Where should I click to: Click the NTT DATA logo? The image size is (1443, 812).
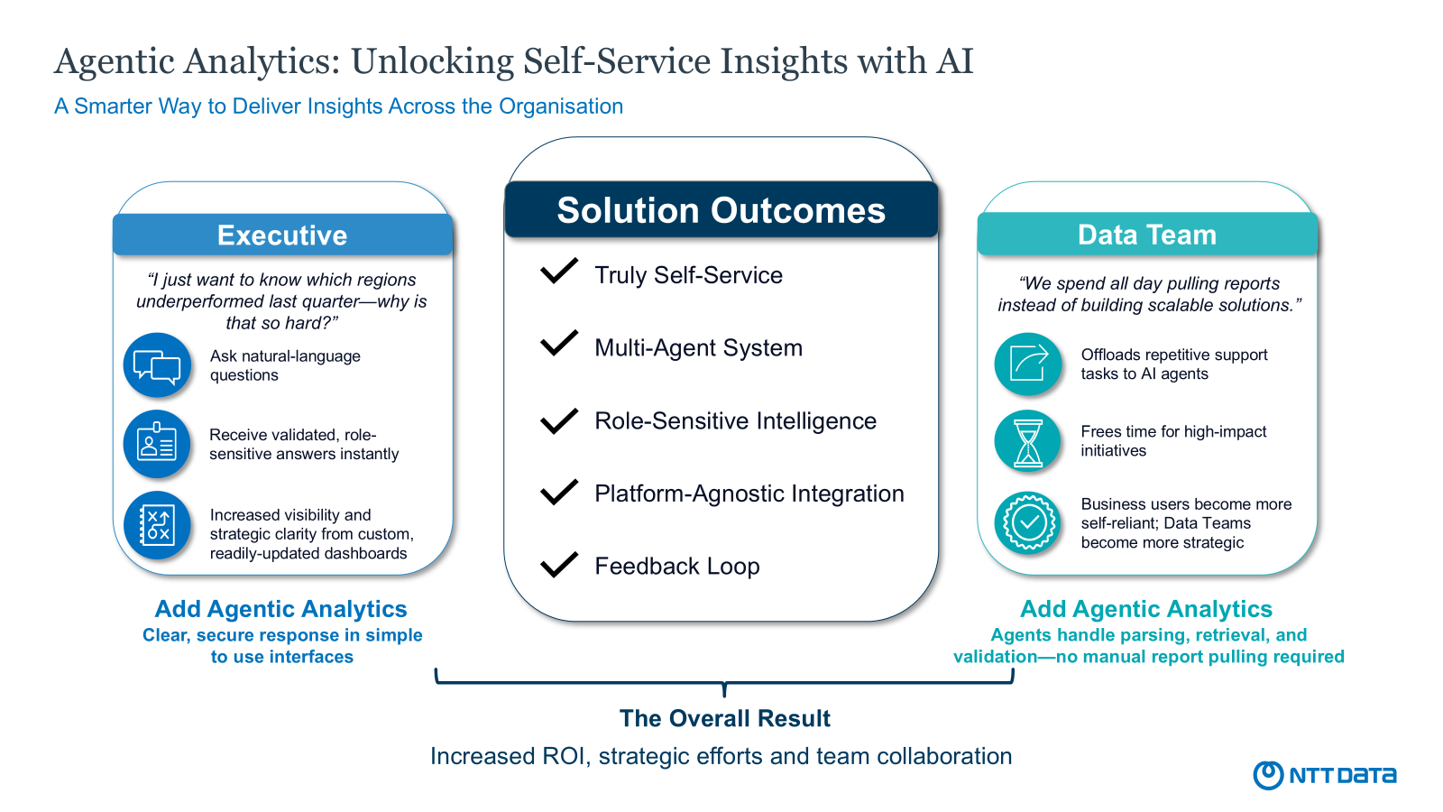1324,775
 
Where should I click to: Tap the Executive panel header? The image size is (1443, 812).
282,235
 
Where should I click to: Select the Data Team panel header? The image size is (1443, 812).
1147,235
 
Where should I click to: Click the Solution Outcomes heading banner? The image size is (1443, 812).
721,210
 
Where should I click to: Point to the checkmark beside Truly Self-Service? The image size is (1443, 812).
559,271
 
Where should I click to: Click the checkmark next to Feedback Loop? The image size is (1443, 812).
559,564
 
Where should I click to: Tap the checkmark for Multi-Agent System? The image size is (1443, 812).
559,343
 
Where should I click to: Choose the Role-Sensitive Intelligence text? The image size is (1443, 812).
735,421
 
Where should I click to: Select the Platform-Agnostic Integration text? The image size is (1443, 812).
749,494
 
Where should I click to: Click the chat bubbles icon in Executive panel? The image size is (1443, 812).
157,366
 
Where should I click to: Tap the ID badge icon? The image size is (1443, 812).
157,444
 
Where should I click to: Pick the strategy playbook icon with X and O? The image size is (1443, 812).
157,524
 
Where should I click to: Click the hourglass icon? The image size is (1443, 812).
1028,442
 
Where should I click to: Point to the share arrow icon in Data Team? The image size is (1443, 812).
1028,364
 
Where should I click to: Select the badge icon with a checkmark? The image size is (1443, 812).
1028,521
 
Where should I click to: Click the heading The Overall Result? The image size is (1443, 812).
724,718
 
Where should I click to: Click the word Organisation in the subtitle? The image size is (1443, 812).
561,106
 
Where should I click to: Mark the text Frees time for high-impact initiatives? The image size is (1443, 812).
1173,441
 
